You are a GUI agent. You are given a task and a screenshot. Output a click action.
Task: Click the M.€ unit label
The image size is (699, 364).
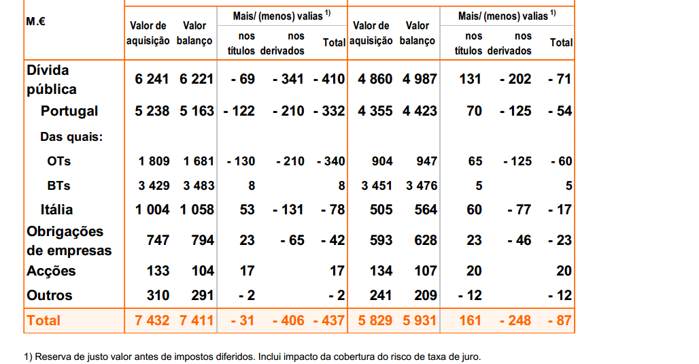point(36,22)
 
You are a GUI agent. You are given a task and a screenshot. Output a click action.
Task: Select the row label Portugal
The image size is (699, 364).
point(69,111)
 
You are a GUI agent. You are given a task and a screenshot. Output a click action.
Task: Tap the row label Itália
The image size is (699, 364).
point(56,210)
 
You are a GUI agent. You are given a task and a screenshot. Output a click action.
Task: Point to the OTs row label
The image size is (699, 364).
point(58,161)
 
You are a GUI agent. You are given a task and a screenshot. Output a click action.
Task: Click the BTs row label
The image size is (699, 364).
point(58,185)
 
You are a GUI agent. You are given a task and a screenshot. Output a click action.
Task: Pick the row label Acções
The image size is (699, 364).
point(51,271)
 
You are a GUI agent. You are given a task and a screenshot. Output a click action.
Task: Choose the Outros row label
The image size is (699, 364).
point(49,295)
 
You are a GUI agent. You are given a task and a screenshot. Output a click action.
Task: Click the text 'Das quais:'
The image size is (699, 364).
point(71,137)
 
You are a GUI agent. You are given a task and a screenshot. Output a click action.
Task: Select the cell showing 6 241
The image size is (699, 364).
point(152,79)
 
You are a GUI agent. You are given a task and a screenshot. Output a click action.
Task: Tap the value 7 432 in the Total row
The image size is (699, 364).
point(152,320)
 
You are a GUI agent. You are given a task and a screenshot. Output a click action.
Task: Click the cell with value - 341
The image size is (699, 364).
point(288,79)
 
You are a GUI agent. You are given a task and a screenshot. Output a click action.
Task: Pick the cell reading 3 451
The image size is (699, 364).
point(375,185)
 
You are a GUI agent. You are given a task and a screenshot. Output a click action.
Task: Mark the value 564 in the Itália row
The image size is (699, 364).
point(426,210)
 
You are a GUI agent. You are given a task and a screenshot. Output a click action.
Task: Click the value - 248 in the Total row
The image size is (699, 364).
point(515,320)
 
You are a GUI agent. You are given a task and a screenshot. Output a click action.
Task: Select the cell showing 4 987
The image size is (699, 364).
point(420,79)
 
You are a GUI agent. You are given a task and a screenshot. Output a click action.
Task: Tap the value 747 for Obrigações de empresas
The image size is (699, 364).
point(158,240)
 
